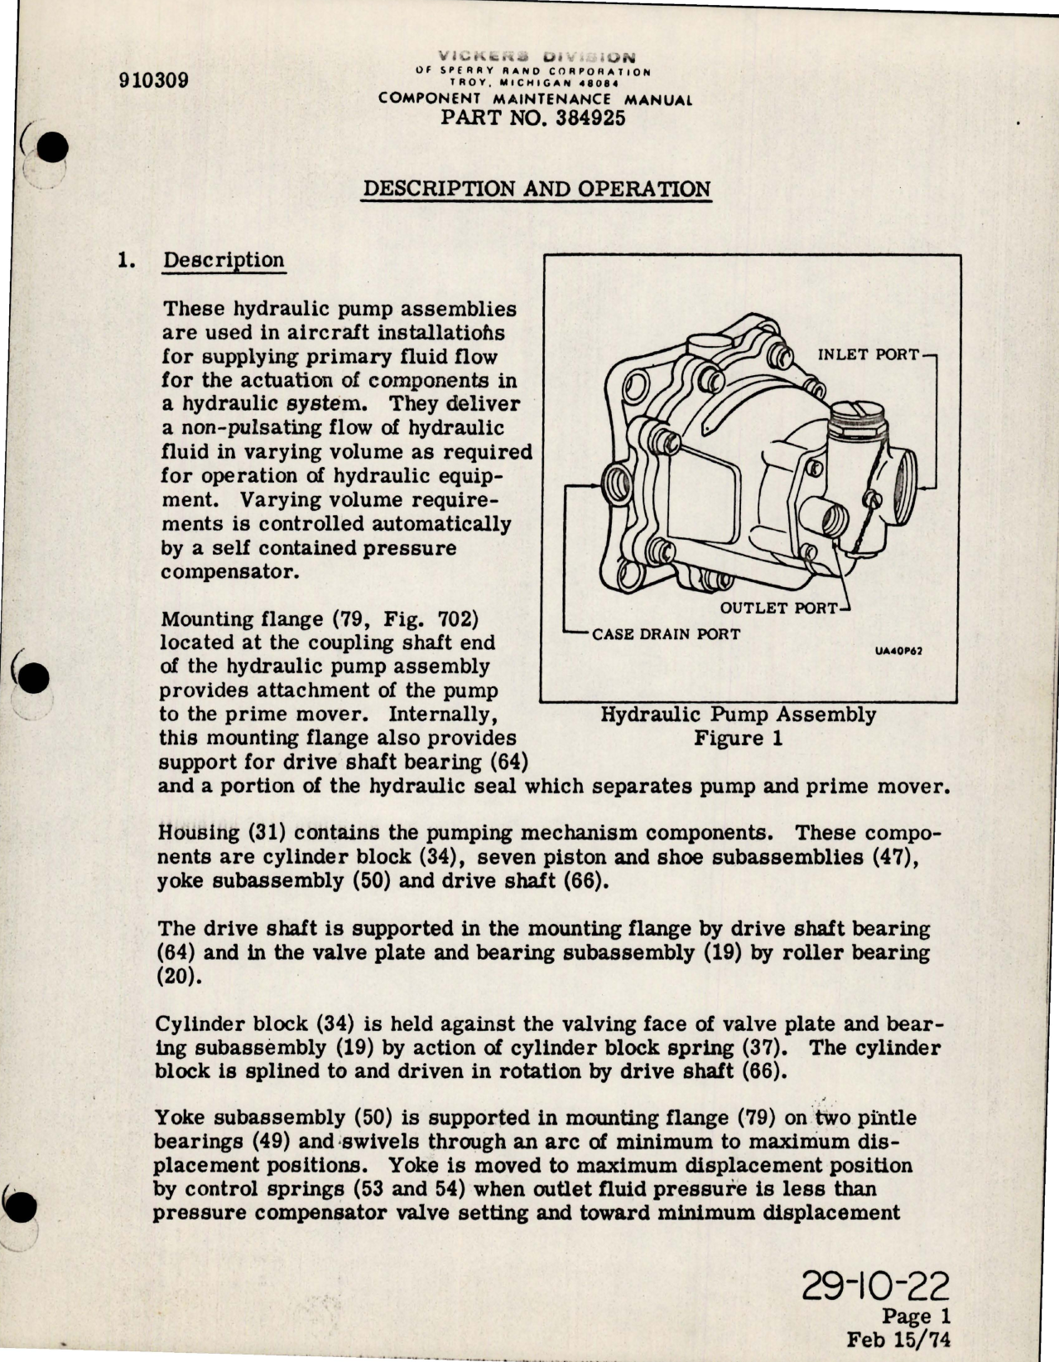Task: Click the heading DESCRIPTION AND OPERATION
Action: click(537, 188)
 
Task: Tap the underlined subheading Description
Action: click(224, 260)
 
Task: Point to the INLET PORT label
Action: click(868, 354)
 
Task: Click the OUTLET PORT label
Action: click(778, 608)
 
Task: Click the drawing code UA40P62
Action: click(898, 650)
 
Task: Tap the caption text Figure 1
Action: click(738, 738)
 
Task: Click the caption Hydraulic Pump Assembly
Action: click(738, 714)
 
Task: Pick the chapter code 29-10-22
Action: click(878, 1290)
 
